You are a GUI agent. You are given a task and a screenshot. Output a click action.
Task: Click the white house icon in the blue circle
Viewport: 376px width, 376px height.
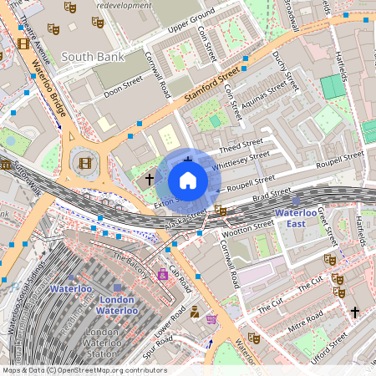click(x=188, y=180)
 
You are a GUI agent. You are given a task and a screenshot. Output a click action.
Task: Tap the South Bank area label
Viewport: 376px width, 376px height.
click(x=94, y=57)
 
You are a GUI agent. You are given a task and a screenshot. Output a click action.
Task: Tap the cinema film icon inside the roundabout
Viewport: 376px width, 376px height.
click(x=84, y=162)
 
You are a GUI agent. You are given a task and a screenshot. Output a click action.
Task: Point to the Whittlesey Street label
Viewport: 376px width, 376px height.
click(x=242, y=160)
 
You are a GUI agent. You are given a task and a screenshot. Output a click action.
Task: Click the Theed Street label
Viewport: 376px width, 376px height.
click(x=241, y=144)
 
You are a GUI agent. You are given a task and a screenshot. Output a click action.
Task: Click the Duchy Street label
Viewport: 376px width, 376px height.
click(x=286, y=69)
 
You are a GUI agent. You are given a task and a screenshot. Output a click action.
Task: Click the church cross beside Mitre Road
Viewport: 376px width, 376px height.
click(x=354, y=312)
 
